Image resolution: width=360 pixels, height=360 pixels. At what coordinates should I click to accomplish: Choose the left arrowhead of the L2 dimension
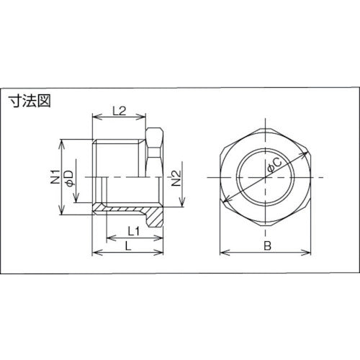pyautogui.click(x=96, y=118)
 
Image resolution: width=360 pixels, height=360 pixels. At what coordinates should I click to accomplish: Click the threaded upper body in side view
pyautogui.click(x=119, y=155)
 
